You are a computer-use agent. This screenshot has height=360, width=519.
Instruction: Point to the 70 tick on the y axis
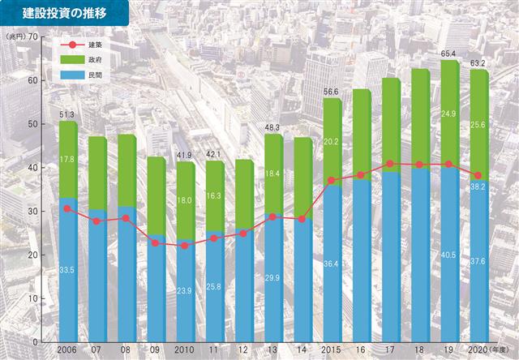tap(32, 37)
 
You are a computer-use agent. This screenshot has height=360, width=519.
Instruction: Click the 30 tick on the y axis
tap(32, 212)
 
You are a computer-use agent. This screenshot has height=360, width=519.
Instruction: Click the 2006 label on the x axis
tap(68, 349)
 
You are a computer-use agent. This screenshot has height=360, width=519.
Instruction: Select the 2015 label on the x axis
tap(332, 349)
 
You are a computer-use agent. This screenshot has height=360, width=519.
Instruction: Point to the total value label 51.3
tap(67, 114)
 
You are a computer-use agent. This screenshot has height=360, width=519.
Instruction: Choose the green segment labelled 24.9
tap(449, 114)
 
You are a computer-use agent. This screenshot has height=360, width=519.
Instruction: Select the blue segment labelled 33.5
tap(67, 269)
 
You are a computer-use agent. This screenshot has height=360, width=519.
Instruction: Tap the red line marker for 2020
tap(479, 176)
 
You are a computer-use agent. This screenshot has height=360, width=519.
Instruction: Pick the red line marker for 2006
tap(68, 208)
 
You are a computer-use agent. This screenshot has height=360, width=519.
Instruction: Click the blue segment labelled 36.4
tap(332, 264)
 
